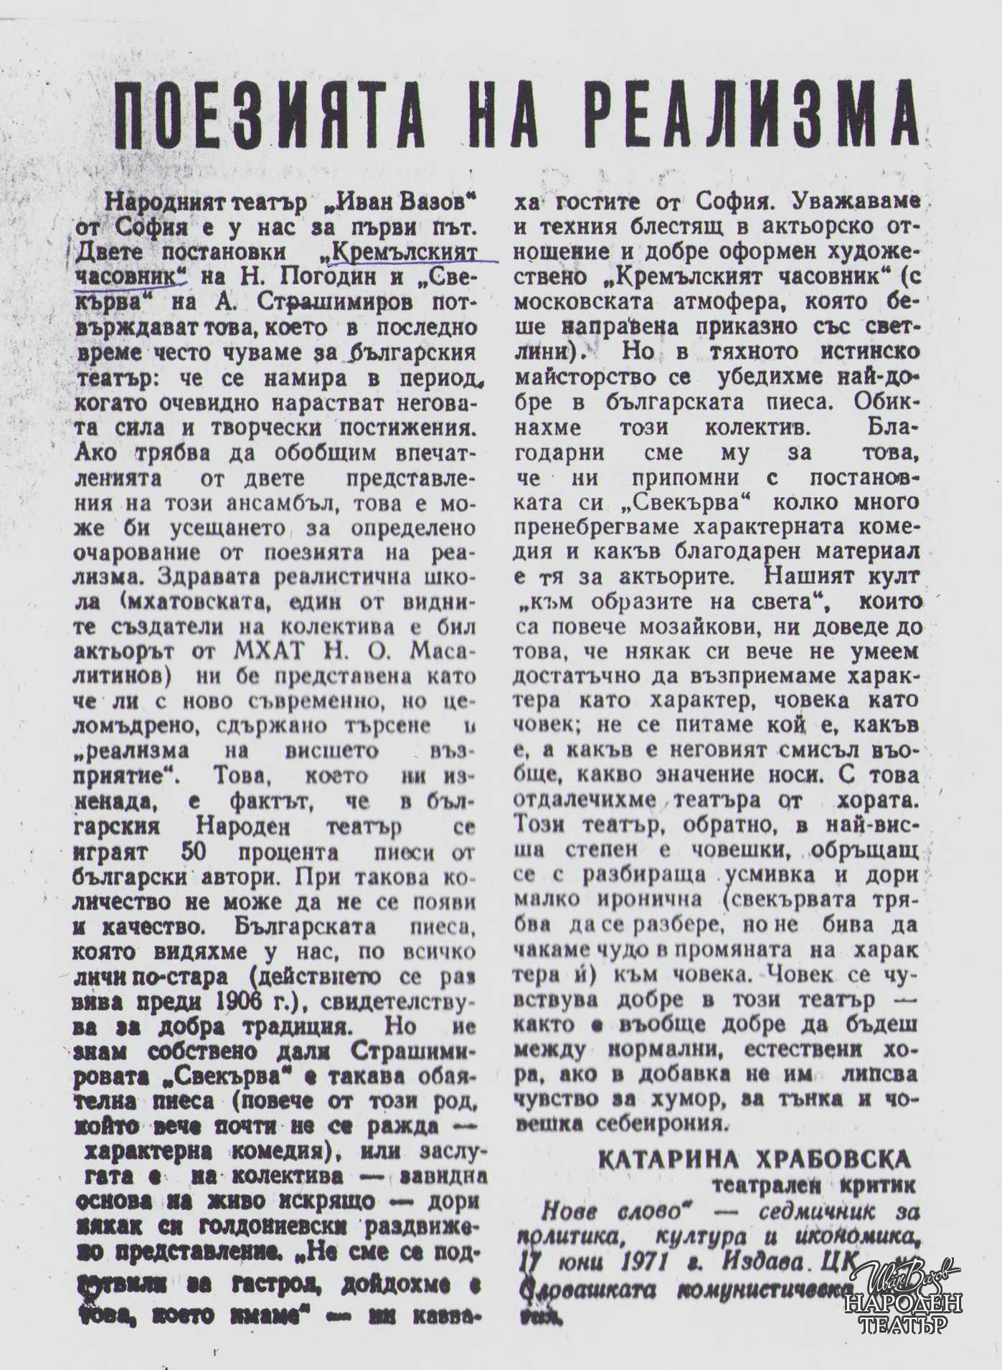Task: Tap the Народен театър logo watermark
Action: tap(904, 1301)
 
